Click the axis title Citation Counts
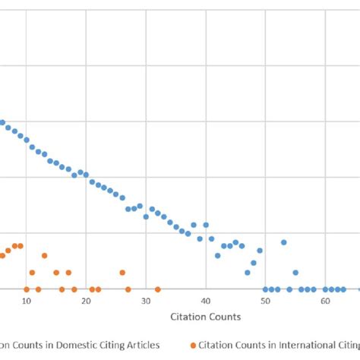(x=206, y=316)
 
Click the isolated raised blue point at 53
(x=283, y=242)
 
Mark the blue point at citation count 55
(x=295, y=273)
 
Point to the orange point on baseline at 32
(x=158, y=289)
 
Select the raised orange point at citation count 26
(x=122, y=273)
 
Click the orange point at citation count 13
(x=44, y=255)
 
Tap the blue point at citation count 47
(x=248, y=273)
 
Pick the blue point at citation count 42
(x=217, y=255)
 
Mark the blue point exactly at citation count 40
(x=206, y=225)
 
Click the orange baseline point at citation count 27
(x=128, y=289)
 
